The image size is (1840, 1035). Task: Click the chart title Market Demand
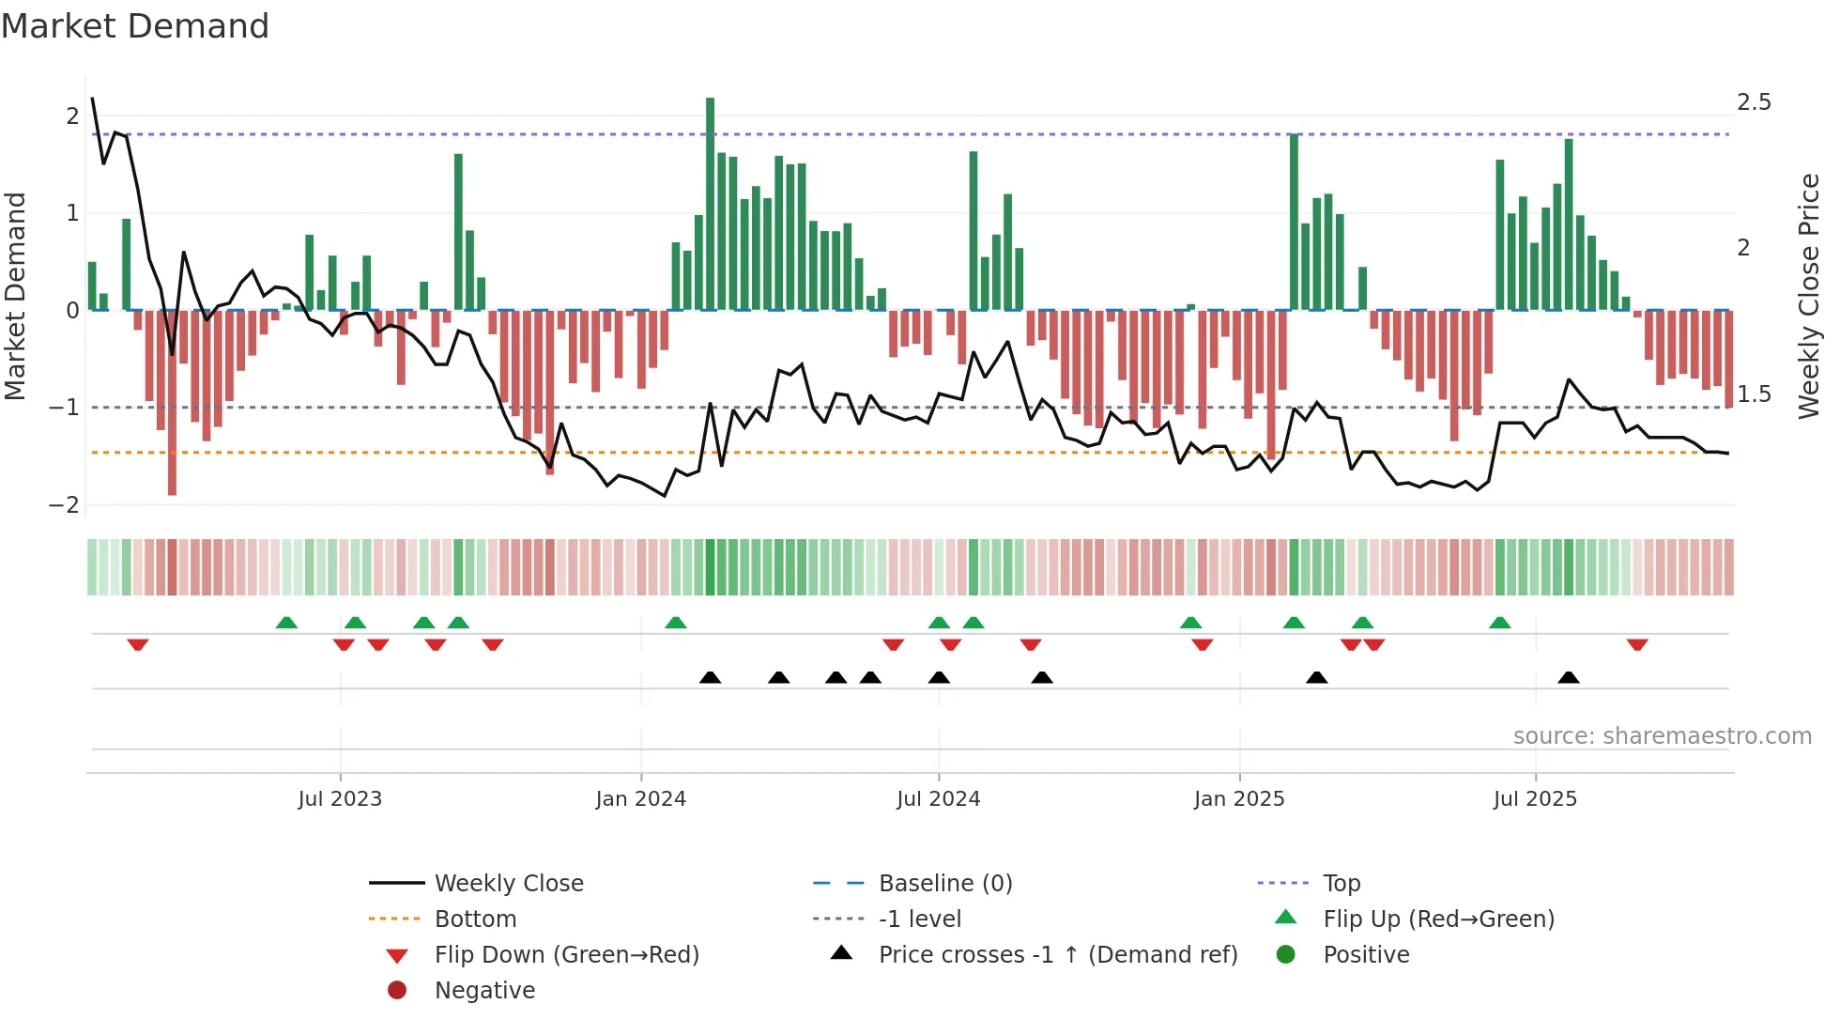pyautogui.click(x=135, y=26)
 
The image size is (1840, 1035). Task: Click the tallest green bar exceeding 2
pyautogui.click(x=710, y=203)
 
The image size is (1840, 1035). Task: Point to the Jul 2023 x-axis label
pyautogui.click(x=340, y=799)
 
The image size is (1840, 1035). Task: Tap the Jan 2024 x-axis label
pyautogui.click(x=641, y=799)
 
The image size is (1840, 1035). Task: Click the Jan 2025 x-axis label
pyautogui.click(x=1239, y=799)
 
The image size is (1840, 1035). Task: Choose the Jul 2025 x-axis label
pyautogui.click(x=1535, y=799)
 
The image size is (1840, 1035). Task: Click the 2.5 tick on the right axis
pyautogui.click(x=1754, y=102)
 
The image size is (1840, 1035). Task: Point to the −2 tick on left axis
pyautogui.click(x=64, y=505)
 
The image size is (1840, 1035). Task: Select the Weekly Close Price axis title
pyautogui.click(x=1809, y=296)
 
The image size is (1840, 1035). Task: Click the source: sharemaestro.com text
pyautogui.click(x=1662, y=736)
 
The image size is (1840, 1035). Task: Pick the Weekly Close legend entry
pyautogui.click(x=509, y=884)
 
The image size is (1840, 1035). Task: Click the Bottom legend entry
pyautogui.click(x=475, y=919)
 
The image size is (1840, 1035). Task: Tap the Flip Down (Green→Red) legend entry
pyautogui.click(x=566, y=955)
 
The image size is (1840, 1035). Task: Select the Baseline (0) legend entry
pyautogui.click(x=945, y=884)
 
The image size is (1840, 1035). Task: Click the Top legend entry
pyautogui.click(x=1342, y=884)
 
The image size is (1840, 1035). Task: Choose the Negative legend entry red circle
pyautogui.click(x=397, y=991)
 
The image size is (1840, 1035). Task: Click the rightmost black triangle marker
pyautogui.click(x=1569, y=677)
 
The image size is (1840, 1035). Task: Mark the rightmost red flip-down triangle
pyautogui.click(x=1637, y=645)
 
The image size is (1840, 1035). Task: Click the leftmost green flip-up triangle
pyautogui.click(x=286, y=623)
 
